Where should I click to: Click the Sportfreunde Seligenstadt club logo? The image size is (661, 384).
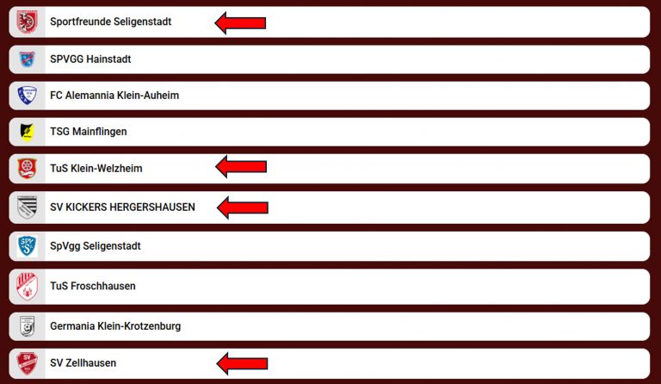pyautogui.click(x=27, y=22)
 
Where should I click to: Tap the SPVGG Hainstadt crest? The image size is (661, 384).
pyautogui.click(x=27, y=59)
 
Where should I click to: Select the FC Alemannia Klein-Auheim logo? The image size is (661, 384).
pyautogui.click(x=27, y=96)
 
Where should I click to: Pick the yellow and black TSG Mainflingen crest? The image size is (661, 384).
pyautogui.click(x=27, y=132)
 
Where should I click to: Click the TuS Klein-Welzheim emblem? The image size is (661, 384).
pyautogui.click(x=27, y=168)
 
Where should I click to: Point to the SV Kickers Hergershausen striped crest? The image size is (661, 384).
pyautogui.click(x=27, y=207)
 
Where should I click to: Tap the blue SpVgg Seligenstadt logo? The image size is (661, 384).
pyautogui.click(x=27, y=245)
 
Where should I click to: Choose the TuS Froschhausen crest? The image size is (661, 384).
pyautogui.click(x=27, y=286)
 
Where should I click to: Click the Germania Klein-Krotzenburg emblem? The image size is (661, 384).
pyautogui.click(x=27, y=326)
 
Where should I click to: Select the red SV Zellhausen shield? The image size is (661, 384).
pyautogui.click(x=27, y=363)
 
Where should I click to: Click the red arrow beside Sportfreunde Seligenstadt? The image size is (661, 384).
pyautogui.click(x=240, y=22)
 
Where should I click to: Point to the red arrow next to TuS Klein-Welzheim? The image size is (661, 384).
pyautogui.click(x=241, y=166)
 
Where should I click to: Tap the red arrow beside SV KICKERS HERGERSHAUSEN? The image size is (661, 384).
pyautogui.click(x=243, y=207)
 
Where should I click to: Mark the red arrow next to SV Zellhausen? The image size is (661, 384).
pyautogui.click(x=242, y=363)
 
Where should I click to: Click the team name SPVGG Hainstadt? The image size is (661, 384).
pyautogui.click(x=90, y=59)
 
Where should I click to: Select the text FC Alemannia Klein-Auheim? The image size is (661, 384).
pyautogui.click(x=114, y=96)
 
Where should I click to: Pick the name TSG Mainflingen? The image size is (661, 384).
pyautogui.click(x=88, y=132)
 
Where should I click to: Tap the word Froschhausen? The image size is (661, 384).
pyautogui.click(x=103, y=286)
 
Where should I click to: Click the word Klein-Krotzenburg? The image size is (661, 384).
pyautogui.click(x=139, y=326)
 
